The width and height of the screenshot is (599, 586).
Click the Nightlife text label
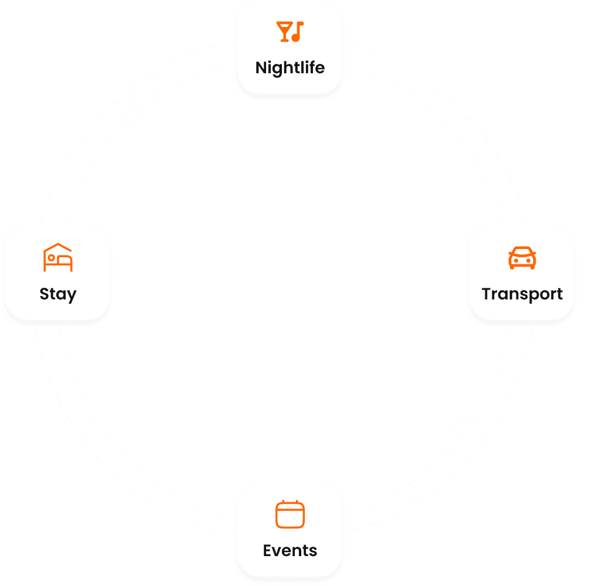click(x=290, y=67)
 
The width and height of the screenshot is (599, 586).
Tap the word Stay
click(x=58, y=294)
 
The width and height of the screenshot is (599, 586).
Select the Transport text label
click(x=522, y=294)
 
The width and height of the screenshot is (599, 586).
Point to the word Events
click(x=290, y=551)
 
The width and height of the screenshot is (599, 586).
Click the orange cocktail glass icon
click(x=284, y=32)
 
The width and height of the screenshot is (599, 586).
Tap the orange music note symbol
click(x=298, y=31)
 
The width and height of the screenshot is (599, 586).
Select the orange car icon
click(x=522, y=258)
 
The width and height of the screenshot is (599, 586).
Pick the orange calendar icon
click(x=290, y=515)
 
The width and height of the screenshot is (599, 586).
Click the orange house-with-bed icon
click(x=58, y=258)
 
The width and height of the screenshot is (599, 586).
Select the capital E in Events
click(x=267, y=551)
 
